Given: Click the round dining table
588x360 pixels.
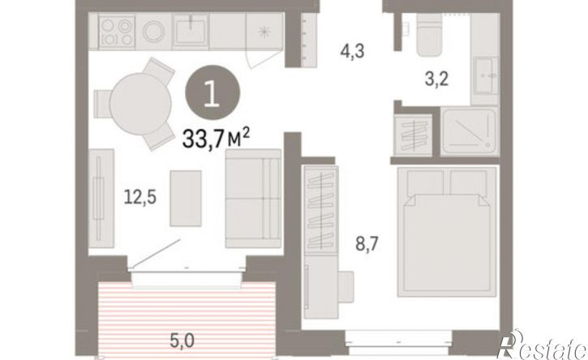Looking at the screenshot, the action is pyautogui.click(x=140, y=104).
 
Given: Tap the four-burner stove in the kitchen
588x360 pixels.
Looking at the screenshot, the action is pyautogui.click(x=117, y=32).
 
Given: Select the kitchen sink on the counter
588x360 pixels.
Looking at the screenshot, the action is pyautogui.click(x=191, y=31).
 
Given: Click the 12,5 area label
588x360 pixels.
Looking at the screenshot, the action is pyautogui.click(x=139, y=197).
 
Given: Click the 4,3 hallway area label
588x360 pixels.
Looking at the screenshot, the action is pyautogui.click(x=352, y=51).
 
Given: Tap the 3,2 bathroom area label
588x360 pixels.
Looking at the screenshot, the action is pyautogui.click(x=436, y=79).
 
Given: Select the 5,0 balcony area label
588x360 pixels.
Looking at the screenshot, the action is pyautogui.click(x=182, y=341).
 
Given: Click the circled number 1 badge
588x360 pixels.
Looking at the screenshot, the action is pyautogui.click(x=212, y=92).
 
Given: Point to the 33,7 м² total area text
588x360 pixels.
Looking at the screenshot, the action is pyautogui.click(x=216, y=138).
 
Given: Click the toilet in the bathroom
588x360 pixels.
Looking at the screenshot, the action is pyautogui.click(x=428, y=35).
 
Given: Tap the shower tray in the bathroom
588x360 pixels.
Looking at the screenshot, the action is pyautogui.click(x=470, y=131).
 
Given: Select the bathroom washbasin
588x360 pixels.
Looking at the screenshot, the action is pyautogui.click(x=485, y=75).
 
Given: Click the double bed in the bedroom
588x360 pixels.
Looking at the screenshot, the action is pyautogui.click(x=448, y=231).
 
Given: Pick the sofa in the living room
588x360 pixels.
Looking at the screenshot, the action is pyautogui.click(x=253, y=199).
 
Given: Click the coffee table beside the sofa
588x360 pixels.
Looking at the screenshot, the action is pyautogui.click(x=186, y=199).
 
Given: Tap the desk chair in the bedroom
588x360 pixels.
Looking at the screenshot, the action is pyautogui.click(x=346, y=286).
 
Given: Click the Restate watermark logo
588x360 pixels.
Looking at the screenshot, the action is pyautogui.click(x=542, y=345).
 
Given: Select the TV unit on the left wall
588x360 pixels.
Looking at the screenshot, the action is pyautogui.click(x=101, y=199).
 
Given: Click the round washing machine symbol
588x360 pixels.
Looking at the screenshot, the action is pyautogui.click(x=153, y=31).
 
